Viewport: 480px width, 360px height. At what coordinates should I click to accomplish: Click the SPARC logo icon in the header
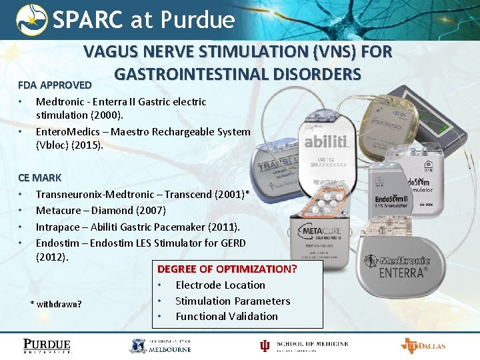(32, 20)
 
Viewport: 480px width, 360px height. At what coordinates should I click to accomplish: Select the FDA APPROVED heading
(55, 85)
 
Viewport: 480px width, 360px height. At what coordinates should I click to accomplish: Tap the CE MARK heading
(39, 178)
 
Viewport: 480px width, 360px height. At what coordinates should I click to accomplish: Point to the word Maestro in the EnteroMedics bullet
(133, 131)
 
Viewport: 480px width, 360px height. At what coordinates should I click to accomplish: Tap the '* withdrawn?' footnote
(56, 304)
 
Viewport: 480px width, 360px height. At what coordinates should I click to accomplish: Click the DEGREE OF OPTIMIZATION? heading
(227, 269)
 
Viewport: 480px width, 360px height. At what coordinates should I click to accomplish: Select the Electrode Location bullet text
(220, 285)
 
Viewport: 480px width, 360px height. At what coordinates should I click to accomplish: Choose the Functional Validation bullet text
(226, 316)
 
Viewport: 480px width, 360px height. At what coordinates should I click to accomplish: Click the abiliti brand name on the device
(326, 142)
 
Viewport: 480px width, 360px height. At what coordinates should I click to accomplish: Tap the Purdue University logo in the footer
(47, 345)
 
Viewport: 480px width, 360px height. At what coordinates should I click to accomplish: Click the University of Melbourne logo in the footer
(160, 345)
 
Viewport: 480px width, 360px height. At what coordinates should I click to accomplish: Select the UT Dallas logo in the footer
(423, 345)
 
